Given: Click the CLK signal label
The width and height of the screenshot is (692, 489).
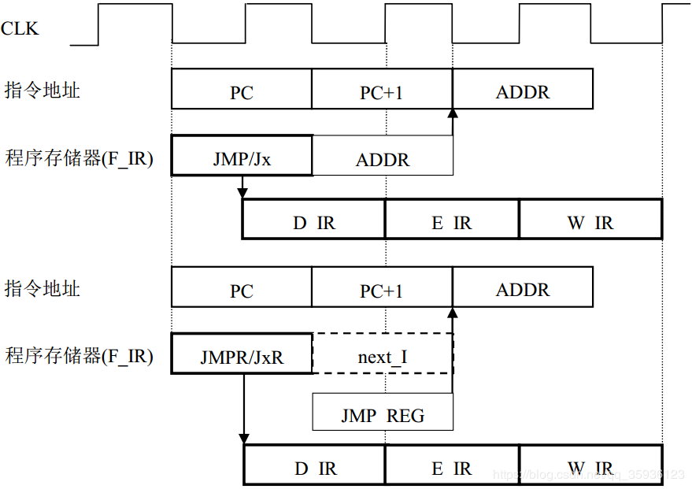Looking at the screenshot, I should point(20,30).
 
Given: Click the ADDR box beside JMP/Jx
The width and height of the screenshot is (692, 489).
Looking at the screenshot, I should point(383,160).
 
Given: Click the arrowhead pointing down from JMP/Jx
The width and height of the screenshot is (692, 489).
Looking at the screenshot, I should point(242,193).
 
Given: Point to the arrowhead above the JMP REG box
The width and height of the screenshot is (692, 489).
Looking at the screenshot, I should point(453,312).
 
